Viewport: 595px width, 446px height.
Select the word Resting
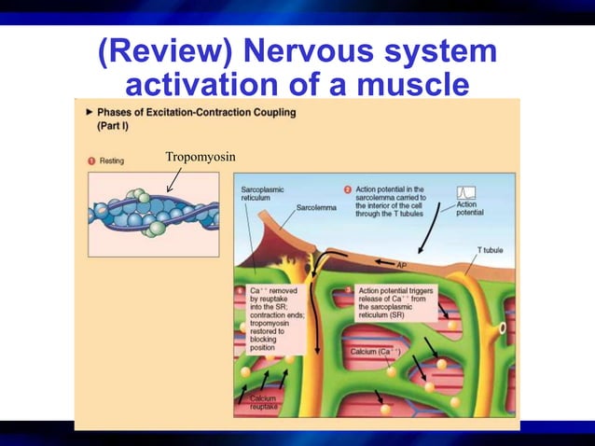coord(112,161)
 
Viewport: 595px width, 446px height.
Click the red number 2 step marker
coord(347,189)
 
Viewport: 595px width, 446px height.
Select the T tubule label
coord(492,250)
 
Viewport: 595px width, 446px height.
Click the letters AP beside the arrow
coord(402,264)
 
